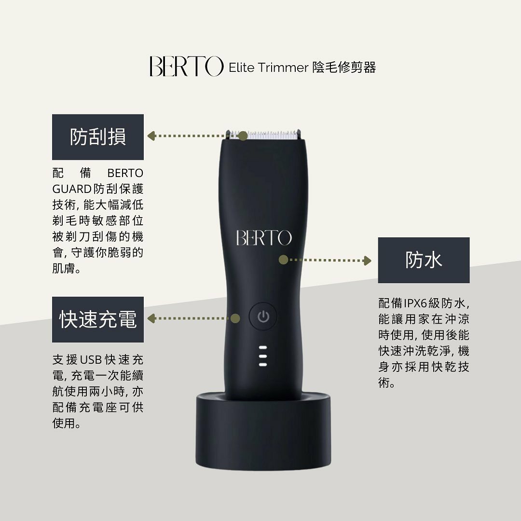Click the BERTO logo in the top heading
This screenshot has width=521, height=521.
186,67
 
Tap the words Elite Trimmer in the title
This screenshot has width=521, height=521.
268,68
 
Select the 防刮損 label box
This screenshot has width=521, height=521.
98,137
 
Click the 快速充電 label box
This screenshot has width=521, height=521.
98,319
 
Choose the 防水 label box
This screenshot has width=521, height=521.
424,260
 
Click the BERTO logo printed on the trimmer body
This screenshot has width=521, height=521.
264,238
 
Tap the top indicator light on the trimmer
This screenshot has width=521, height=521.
263,348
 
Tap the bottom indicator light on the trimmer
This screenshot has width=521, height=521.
263,364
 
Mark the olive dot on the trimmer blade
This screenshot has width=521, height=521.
243,136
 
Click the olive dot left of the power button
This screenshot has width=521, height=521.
235,318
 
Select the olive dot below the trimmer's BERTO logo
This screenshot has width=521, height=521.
284,260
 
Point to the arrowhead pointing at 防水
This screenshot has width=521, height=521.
368,260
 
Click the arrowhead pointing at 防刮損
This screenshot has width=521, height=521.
151,136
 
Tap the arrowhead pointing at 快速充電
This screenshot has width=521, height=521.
151,318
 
